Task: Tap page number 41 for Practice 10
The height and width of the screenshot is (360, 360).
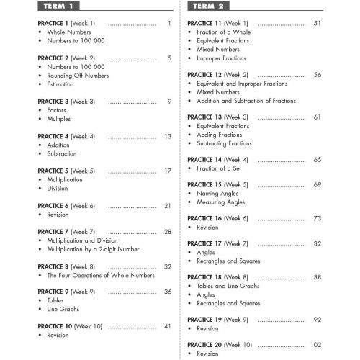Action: coord(167,325)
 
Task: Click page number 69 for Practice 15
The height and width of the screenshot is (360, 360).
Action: coord(337,185)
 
